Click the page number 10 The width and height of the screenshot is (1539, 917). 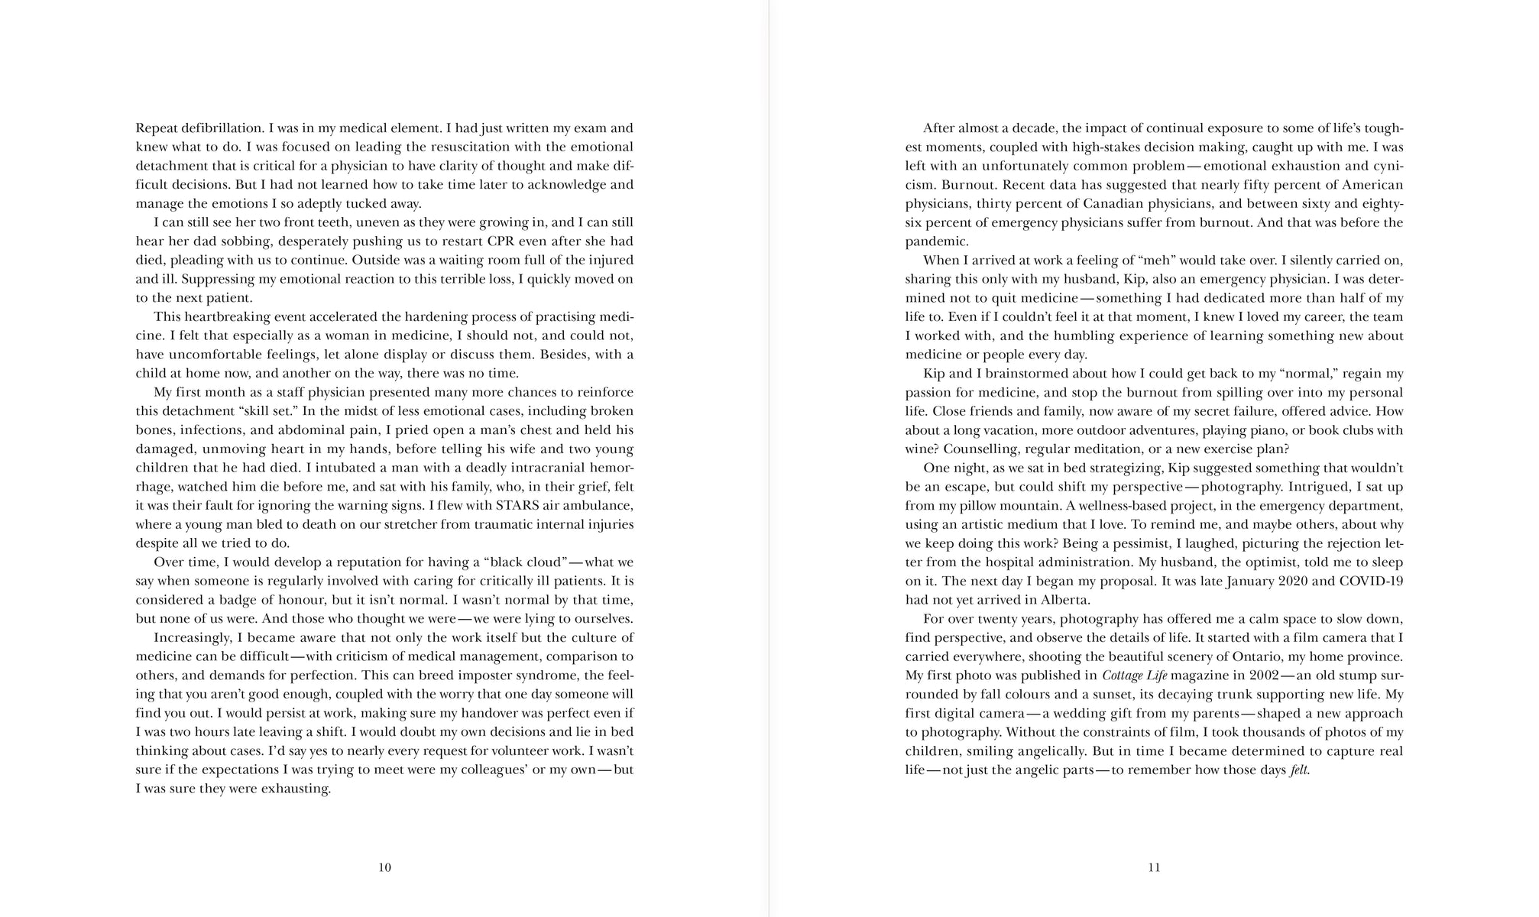pyautogui.click(x=384, y=867)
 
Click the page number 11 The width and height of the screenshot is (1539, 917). pyautogui.click(x=1154, y=867)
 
